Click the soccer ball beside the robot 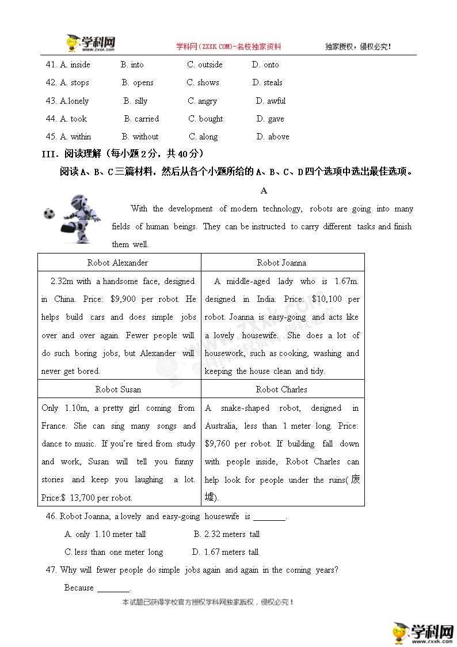(x=48, y=214)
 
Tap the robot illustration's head (x=78, y=201)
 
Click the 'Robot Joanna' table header (x=281, y=263)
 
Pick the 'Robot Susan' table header (x=118, y=389)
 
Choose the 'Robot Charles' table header (x=281, y=389)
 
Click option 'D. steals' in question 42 (x=268, y=82)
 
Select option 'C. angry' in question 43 (x=203, y=101)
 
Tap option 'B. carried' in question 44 (x=142, y=119)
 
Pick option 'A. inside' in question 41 (x=75, y=65)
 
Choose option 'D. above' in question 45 (x=273, y=137)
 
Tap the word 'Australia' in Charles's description (x=222, y=426)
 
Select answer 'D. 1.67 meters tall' (x=225, y=552)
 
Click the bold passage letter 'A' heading (x=264, y=191)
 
